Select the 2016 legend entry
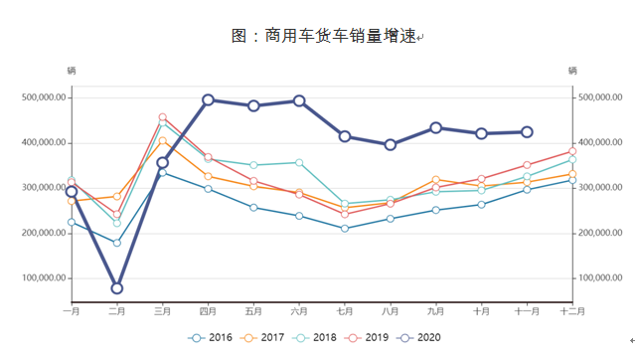tap(211, 338)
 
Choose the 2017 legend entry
tap(266, 338)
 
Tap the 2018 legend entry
tap(322, 338)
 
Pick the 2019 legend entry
tap(378, 338)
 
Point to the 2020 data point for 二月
tap(117, 288)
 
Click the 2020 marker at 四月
tap(209, 99)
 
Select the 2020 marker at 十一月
tap(528, 132)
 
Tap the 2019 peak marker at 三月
tap(163, 117)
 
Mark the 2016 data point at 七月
tap(345, 229)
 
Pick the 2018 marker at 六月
tap(299, 162)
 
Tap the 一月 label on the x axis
tap(72, 311)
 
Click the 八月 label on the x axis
tap(391, 311)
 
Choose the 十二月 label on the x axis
tap(572, 311)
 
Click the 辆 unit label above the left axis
tap(72, 71)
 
